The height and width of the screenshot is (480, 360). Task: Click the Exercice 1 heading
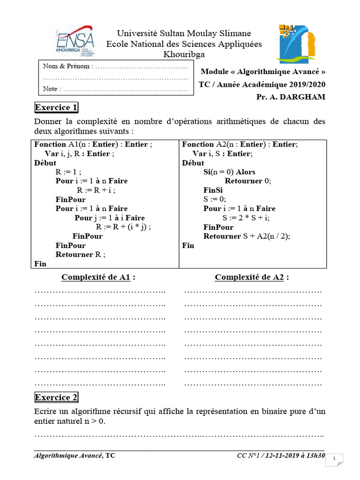56,108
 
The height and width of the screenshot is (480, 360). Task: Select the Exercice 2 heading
56,397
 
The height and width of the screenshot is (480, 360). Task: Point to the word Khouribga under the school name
184,54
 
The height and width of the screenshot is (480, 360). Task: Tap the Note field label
51,89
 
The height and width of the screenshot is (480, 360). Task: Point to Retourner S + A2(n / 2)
247,236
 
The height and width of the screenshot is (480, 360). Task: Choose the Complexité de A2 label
252,277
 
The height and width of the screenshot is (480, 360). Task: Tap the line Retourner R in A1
81,255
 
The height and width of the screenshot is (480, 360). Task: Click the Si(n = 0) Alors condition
229,172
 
